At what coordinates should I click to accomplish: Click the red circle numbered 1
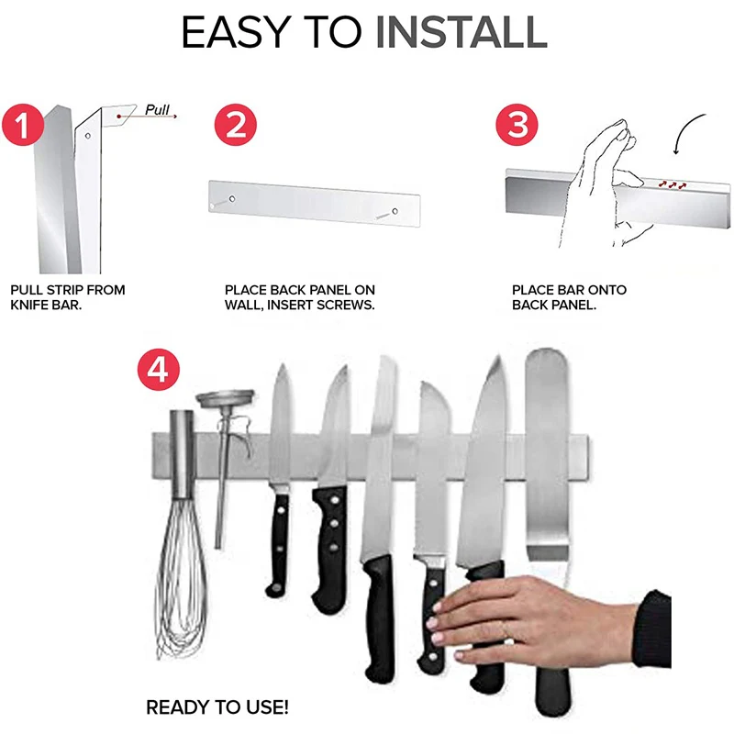(23, 125)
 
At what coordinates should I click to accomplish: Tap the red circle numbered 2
(236, 125)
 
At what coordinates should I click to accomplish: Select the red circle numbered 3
(517, 125)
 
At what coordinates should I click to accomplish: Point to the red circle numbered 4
(158, 370)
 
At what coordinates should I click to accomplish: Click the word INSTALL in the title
(462, 32)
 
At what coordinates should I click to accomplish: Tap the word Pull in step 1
(157, 109)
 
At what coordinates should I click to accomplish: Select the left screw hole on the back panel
(232, 199)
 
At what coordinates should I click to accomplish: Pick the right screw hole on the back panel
(395, 212)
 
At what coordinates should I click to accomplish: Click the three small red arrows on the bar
(673, 185)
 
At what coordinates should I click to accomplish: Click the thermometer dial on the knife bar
(225, 398)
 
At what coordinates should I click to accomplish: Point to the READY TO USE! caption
(217, 707)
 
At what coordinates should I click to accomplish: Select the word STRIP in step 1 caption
(65, 290)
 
